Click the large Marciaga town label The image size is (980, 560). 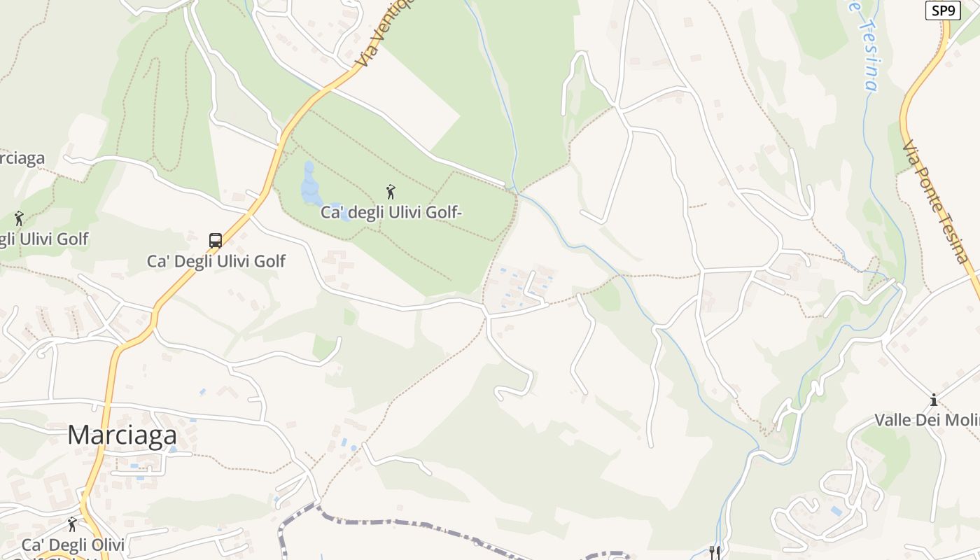click(122, 435)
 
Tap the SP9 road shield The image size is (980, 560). click(942, 10)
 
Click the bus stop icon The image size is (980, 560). click(216, 241)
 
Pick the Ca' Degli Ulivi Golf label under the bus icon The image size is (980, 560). click(216, 261)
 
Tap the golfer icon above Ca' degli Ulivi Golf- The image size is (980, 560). click(391, 191)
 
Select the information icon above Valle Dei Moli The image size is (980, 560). click(933, 400)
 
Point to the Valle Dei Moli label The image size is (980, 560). click(927, 420)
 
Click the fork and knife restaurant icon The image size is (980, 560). click(714, 552)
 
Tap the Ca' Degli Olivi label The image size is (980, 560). click(73, 545)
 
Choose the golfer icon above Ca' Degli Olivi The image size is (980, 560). click(72, 524)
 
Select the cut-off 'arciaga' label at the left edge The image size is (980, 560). click(22, 159)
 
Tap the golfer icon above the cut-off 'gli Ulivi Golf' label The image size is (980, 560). click(19, 218)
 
